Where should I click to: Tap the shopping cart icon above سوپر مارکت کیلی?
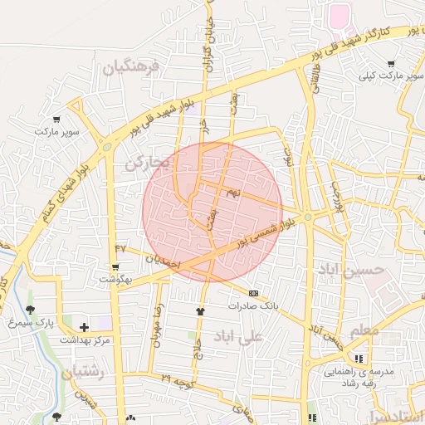[391, 63]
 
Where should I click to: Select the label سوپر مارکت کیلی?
[391, 76]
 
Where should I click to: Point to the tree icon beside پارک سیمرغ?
[31, 310]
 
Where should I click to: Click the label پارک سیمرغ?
[59, 320]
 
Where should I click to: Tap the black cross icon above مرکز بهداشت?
[84, 327]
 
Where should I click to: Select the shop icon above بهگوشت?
[115, 267]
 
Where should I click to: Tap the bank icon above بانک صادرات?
[253, 292]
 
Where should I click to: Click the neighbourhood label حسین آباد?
[351, 271]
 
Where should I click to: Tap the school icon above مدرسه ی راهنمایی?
[359, 358]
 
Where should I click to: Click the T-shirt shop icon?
[199, 311]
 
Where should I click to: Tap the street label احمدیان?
[162, 259]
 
